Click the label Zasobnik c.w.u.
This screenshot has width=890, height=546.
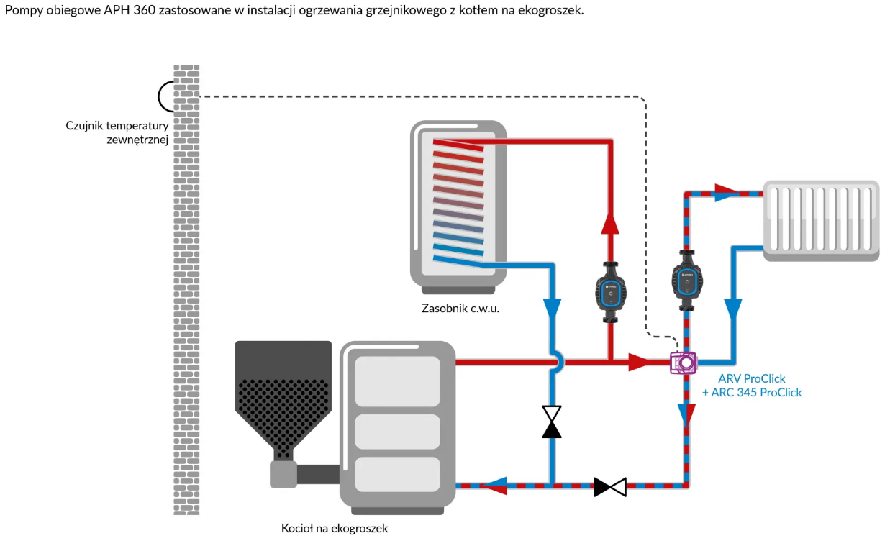tap(460, 309)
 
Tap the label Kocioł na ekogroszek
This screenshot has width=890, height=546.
tap(334, 529)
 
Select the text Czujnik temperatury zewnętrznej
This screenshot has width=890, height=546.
tap(117, 132)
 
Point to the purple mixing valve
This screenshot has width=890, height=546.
tap(681, 363)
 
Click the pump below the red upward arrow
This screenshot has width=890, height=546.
tap(610, 290)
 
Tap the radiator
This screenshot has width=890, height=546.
tap(821, 219)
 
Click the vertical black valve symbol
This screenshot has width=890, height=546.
tap(552, 422)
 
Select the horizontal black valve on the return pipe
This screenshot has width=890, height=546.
tap(610, 487)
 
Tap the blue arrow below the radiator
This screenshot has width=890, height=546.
tap(733, 309)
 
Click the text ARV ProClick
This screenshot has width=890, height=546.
tap(753, 378)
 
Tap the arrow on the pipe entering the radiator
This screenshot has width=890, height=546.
tap(726, 193)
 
